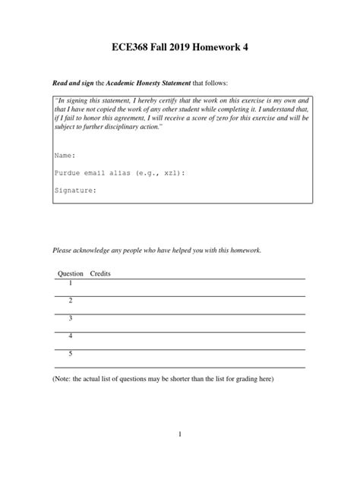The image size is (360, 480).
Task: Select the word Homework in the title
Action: coord(226,48)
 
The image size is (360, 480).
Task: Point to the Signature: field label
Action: coord(76,191)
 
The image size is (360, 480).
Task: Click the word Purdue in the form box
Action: coord(68,173)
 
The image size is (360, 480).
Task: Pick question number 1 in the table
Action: coord(71,283)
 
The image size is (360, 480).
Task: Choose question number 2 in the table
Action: coord(71,301)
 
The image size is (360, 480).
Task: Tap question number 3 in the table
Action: coord(71,318)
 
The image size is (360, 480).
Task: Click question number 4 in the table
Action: coord(71,336)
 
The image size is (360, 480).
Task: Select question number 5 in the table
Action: coord(71,353)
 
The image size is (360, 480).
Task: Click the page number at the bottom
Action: coord(180,434)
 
